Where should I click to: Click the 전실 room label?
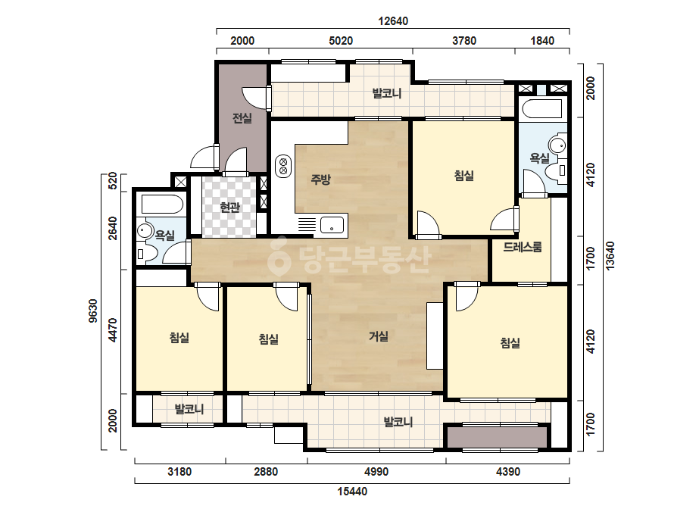pos(242,118)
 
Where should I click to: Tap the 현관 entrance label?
pos(229,208)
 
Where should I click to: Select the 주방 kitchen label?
pos(320,180)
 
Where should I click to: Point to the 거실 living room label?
pos(379,336)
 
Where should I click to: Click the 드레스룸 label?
pos(523,247)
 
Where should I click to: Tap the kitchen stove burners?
pos(283,165)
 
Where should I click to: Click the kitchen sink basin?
pos(332,224)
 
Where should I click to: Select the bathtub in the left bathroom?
pos(162,204)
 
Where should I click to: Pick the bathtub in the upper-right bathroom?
pos(541,109)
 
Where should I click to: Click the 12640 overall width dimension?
pos(393,21)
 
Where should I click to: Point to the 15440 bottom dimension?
pos(352,492)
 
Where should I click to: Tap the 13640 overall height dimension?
pos(610,255)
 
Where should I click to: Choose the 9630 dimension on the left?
pos(92,311)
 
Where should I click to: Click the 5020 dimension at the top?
pos(341,41)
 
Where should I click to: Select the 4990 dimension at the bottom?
pos(376,471)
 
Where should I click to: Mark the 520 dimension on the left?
pos(113,181)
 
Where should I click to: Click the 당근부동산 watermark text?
pos(351,259)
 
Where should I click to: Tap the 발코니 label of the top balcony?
pos(387,94)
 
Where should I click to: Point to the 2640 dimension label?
pos(113,228)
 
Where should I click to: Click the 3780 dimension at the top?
pos(464,41)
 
